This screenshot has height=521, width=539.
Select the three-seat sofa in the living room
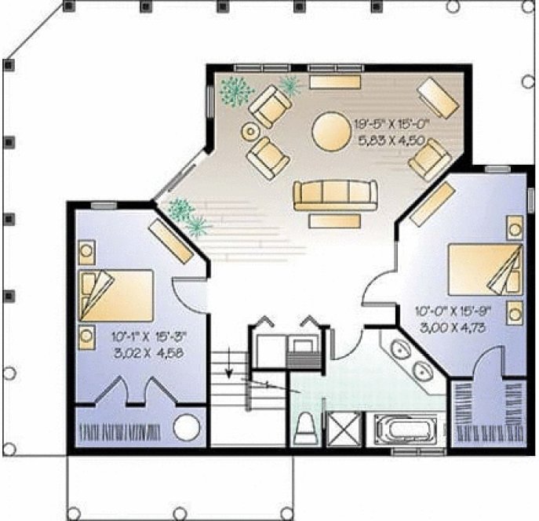(x=334, y=194)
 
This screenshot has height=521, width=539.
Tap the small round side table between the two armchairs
(x=251, y=131)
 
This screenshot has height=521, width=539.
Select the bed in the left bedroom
(x=116, y=295)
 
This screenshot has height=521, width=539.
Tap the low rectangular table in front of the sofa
(x=334, y=221)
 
